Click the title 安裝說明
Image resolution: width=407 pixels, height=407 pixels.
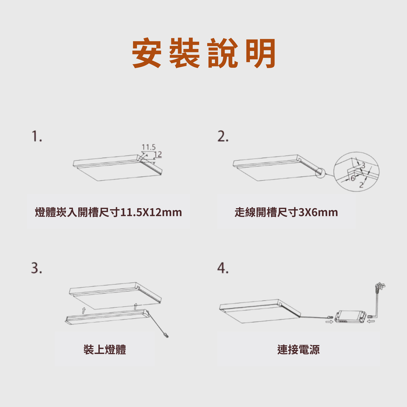point(204,53)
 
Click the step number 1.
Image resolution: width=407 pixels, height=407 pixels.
point(37,136)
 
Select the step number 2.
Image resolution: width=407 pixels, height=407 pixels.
point(223,136)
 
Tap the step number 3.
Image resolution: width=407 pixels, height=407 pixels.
point(37,268)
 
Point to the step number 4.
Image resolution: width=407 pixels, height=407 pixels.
point(223,268)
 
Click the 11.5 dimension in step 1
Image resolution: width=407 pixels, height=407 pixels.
point(149,147)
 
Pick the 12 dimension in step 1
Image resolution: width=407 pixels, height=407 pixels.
point(158,154)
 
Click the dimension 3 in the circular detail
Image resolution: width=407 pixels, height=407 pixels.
point(363,165)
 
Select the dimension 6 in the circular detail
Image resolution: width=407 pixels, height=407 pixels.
point(353,178)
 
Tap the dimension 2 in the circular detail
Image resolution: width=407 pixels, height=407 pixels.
point(361,185)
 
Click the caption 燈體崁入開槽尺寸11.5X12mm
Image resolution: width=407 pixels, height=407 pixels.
point(108,212)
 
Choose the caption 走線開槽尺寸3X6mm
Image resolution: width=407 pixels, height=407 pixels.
point(286,212)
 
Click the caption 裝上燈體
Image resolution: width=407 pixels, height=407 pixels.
point(105,349)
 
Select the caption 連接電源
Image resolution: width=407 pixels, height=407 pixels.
point(298,349)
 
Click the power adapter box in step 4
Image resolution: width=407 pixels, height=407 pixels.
point(351,317)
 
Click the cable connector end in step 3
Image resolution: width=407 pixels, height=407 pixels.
point(166,335)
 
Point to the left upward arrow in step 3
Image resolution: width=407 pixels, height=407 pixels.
point(83,310)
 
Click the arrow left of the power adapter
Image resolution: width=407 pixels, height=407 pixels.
point(329,322)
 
